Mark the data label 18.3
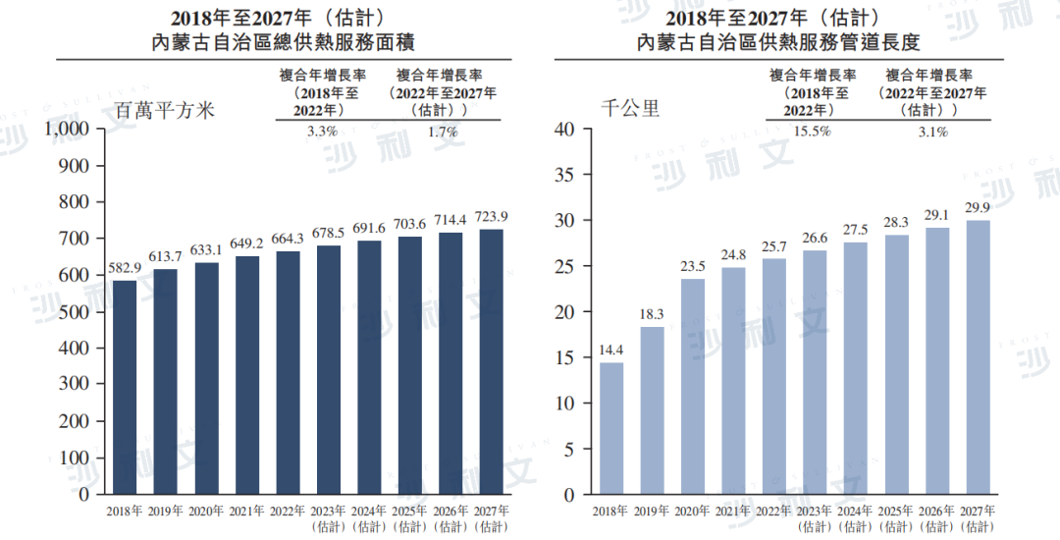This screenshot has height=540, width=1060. tap(652, 313)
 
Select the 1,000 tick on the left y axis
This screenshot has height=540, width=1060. tap(68, 129)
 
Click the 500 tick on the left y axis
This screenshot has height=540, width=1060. tap(76, 312)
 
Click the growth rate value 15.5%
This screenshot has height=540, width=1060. tap(812, 131)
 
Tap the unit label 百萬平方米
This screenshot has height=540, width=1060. tap(165, 110)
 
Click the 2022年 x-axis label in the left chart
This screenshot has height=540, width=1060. tap(289, 512)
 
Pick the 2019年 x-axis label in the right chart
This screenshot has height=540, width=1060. tap(653, 512)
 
